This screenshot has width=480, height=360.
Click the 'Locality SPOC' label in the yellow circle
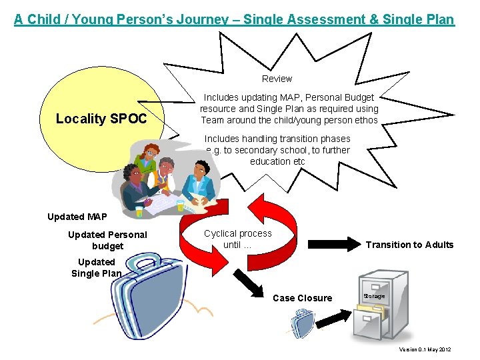click(x=100, y=119)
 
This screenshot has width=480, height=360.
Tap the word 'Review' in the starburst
click(x=277, y=79)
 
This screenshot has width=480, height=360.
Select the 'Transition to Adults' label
click(x=409, y=245)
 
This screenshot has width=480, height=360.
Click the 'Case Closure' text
click(x=302, y=298)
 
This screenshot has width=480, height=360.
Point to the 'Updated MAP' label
click(x=77, y=217)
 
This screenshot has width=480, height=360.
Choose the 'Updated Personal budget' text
click(x=107, y=240)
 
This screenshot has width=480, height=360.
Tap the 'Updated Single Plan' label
click(x=97, y=267)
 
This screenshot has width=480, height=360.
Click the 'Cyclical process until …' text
click(x=238, y=239)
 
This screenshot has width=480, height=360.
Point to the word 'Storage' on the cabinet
click(x=374, y=295)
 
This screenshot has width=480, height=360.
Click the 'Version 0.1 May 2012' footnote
click(x=425, y=349)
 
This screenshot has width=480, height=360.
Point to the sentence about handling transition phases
click(x=277, y=150)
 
